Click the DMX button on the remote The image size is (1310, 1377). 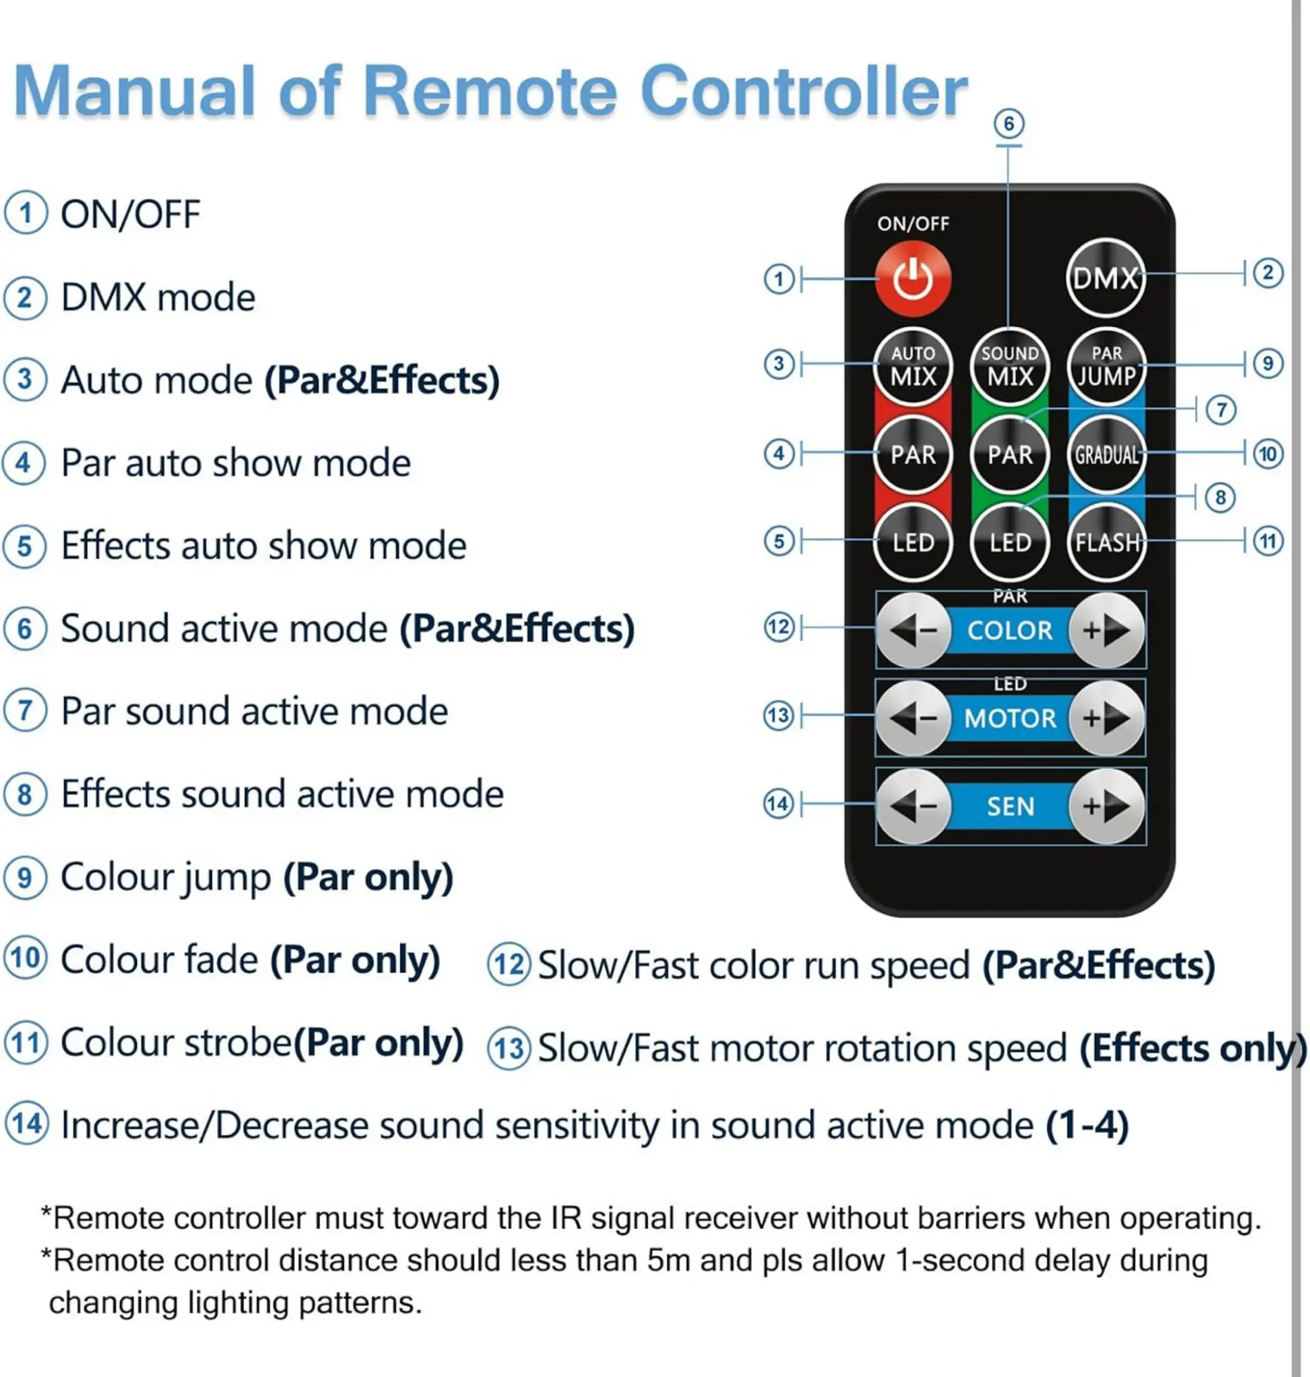(x=1106, y=279)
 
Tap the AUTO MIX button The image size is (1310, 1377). (x=913, y=366)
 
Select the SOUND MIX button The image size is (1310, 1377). (x=1010, y=366)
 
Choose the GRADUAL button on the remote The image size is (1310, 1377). (x=1106, y=455)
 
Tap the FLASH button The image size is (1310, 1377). (x=1106, y=543)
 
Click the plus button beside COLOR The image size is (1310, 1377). (x=1106, y=631)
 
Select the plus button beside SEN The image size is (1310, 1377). (x=1106, y=806)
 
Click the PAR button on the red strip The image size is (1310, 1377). (x=913, y=455)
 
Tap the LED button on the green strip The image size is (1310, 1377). (x=1010, y=543)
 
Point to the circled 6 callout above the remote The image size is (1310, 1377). (x=1009, y=125)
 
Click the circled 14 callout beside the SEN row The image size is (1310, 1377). (x=779, y=804)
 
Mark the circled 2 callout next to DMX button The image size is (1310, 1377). (x=1268, y=273)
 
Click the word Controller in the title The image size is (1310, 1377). (x=803, y=91)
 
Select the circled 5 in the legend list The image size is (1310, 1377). (x=25, y=546)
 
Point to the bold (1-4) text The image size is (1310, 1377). (x=1086, y=1125)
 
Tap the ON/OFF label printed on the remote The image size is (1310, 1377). (x=913, y=224)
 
